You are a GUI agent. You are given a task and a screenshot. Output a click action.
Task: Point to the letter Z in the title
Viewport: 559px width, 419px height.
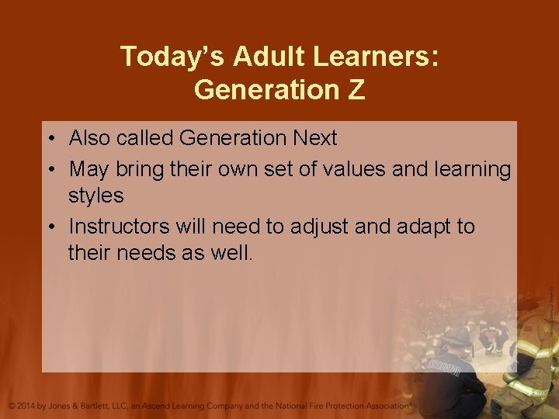356,90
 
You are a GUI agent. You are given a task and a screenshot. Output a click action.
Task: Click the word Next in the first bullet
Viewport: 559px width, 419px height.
314,139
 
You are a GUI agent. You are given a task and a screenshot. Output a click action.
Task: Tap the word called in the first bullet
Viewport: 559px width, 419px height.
145,139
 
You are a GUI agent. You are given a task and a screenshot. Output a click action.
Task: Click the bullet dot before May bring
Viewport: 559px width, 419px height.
49,169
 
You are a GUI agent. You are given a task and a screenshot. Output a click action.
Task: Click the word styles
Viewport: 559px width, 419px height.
96,196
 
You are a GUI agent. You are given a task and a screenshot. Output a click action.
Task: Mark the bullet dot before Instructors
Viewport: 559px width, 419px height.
49,227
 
